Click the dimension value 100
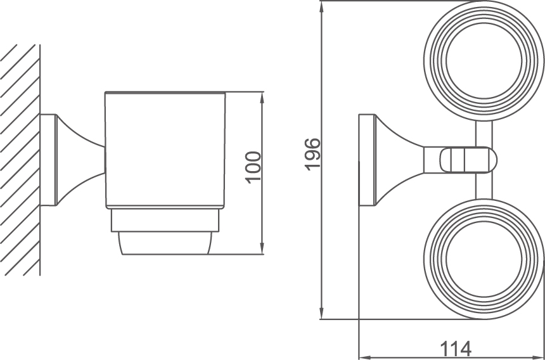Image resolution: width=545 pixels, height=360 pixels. tap(253, 166)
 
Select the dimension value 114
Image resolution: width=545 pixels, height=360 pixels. tap(456, 349)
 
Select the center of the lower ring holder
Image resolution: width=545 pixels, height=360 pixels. tap(484, 259)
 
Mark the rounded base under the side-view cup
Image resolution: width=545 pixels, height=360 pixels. tap(165, 244)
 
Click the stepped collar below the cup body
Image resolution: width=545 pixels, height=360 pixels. tap(165, 220)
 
